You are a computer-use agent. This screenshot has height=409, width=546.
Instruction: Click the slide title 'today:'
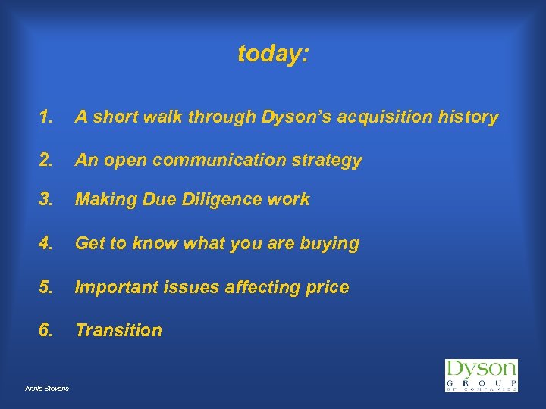tap(273, 54)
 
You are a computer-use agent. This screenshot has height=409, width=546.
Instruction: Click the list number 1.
tap(47, 117)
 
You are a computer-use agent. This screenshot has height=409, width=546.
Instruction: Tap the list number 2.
tap(47, 161)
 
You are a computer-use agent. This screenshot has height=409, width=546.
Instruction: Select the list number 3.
tap(47, 200)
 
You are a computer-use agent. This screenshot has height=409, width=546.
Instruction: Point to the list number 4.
tap(47, 244)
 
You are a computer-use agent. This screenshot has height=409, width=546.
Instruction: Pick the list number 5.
tap(47, 288)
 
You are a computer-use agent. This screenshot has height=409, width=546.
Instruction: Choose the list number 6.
tap(47, 330)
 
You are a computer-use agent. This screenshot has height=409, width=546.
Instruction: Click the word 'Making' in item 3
tap(103, 200)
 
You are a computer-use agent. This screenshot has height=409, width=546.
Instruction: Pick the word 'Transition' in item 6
tap(118, 330)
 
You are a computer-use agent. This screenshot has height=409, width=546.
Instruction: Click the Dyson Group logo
tap(481, 375)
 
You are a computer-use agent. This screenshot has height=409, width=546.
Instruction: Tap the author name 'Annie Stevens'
tap(46, 389)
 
